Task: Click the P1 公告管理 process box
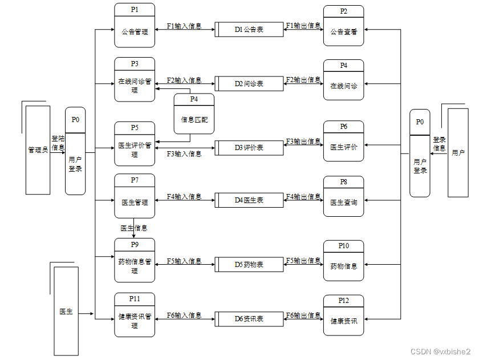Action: (x=135, y=26)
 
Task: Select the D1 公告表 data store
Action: (x=249, y=29)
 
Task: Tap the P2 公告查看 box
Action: (x=343, y=26)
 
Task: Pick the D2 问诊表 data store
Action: (x=249, y=83)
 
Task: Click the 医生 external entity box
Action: (x=66, y=312)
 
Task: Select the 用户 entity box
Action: (x=458, y=152)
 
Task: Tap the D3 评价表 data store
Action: (x=249, y=148)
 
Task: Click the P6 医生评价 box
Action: (x=343, y=141)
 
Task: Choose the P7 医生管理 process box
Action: (x=135, y=196)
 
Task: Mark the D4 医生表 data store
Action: (x=249, y=200)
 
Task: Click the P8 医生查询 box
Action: (x=343, y=196)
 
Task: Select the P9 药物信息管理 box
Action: (x=135, y=260)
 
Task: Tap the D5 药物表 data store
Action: (x=249, y=265)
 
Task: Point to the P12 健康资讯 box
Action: (x=343, y=315)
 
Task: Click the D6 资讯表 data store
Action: (x=249, y=319)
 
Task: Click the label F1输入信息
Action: (x=184, y=26)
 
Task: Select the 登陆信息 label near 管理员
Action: (x=58, y=143)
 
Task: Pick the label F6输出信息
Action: (x=303, y=315)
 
